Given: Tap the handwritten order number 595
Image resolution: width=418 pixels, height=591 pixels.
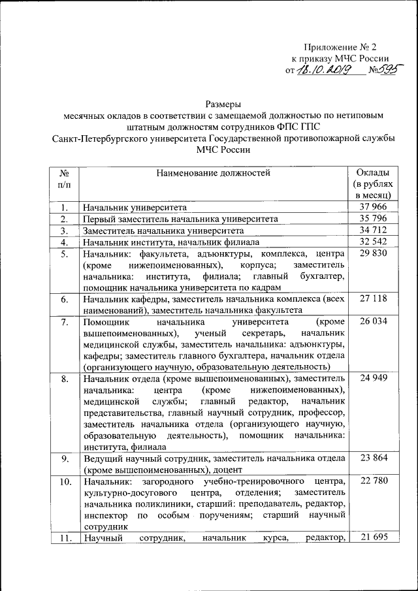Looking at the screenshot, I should (387, 69).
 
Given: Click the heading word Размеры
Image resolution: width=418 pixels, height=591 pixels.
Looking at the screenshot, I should (223, 103).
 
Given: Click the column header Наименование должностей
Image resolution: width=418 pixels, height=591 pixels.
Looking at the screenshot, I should (213, 173).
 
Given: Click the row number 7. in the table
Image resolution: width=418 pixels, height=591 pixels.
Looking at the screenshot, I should (65, 323).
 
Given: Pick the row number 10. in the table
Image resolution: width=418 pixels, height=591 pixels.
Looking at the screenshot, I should (65, 483).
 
